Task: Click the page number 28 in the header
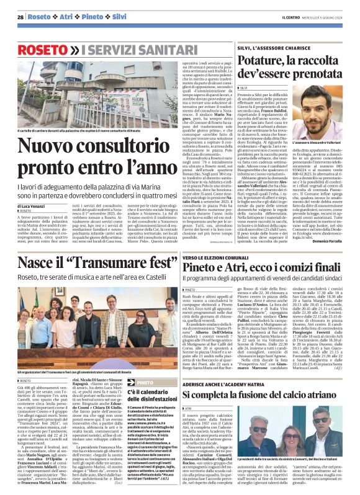click(x=21, y=17)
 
